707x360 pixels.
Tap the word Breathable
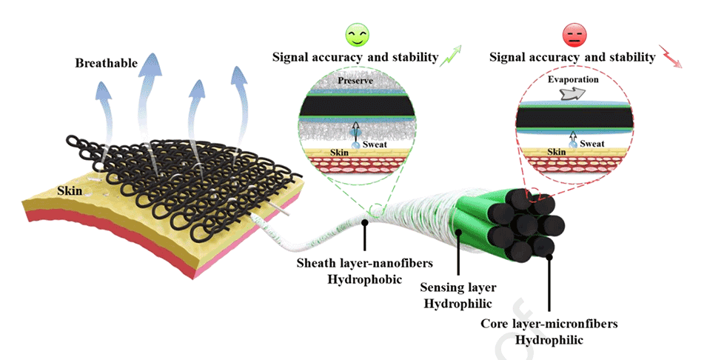coord(107,63)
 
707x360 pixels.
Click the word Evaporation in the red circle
coord(573,79)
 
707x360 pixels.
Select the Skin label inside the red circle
coord(558,151)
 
